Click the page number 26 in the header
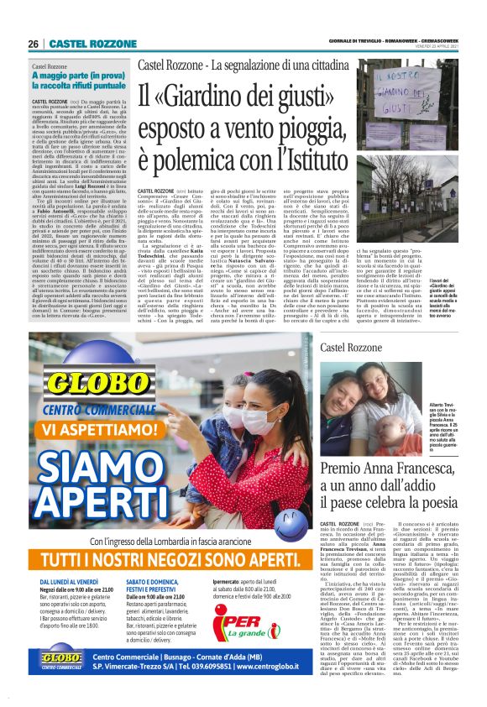tap(34, 44)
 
